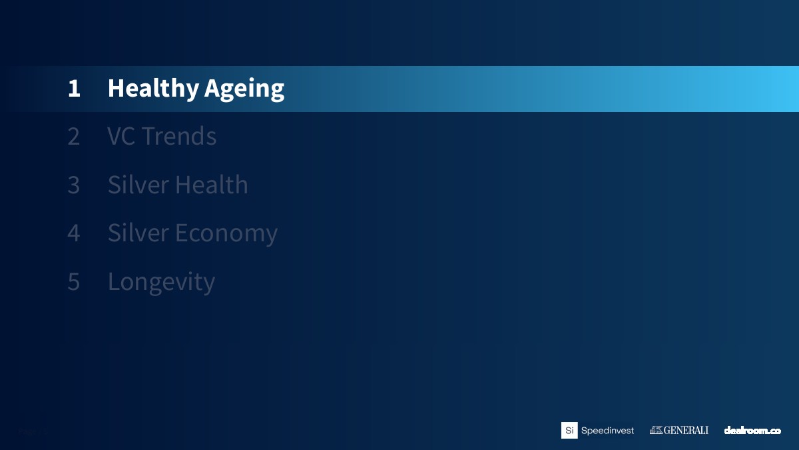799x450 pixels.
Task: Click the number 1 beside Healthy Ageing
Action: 74,88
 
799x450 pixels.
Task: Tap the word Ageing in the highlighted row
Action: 244,89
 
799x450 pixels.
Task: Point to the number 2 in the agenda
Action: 73,137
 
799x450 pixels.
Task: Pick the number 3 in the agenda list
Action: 73,185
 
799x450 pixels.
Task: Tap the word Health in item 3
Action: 212,185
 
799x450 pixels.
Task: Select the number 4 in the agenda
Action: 73,233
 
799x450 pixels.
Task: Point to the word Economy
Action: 226,234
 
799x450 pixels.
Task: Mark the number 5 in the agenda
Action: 73,282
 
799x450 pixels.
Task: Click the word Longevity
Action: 162,283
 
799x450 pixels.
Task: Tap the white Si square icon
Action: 569,431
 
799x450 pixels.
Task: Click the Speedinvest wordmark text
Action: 607,431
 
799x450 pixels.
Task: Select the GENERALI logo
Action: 679,430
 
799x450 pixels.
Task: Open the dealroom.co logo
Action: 752,431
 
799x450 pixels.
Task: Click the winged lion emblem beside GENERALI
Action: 656,430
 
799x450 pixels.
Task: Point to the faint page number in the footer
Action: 33,431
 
